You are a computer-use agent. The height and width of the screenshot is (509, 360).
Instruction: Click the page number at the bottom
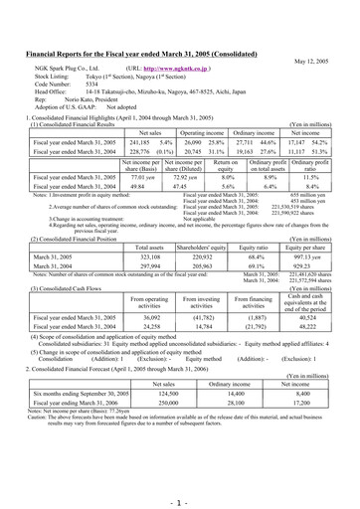(180, 477)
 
